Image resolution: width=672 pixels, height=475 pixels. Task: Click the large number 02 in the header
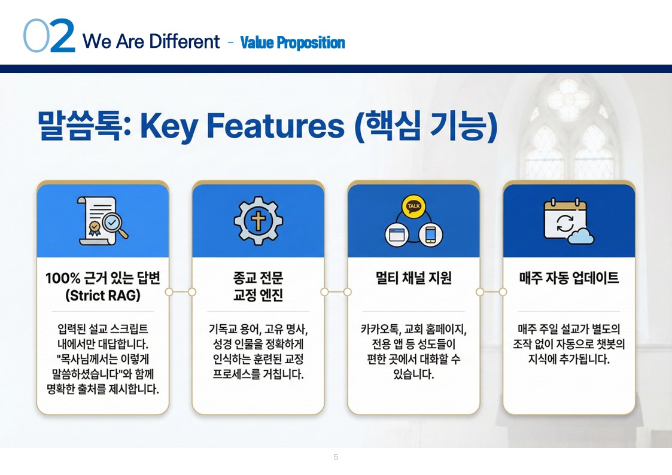click(49, 36)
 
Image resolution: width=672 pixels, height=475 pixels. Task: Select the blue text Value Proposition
click(293, 42)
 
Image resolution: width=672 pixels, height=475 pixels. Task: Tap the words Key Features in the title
click(242, 126)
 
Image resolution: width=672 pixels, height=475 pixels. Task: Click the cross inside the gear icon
click(258, 221)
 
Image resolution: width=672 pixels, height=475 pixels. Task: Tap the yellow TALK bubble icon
click(413, 206)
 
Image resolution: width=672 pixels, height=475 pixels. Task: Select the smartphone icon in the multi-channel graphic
click(431, 235)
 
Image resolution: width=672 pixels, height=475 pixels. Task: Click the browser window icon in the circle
click(397, 235)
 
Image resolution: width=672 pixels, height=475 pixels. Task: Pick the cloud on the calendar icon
click(580, 236)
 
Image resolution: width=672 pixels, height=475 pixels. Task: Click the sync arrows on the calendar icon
click(564, 223)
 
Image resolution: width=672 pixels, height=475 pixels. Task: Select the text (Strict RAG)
click(103, 296)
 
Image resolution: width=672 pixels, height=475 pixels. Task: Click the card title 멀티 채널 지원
click(413, 278)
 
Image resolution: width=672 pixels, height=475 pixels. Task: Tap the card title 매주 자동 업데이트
click(569, 278)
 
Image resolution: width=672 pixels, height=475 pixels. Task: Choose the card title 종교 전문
click(258, 278)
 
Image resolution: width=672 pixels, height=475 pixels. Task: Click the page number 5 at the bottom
click(336, 457)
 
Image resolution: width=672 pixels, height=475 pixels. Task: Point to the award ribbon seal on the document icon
click(95, 227)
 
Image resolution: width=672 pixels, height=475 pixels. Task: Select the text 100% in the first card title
click(63, 278)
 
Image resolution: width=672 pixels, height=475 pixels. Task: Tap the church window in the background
click(570, 129)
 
